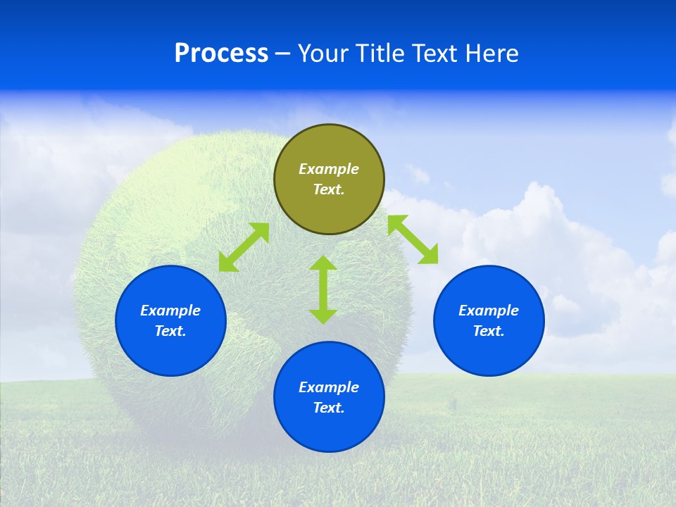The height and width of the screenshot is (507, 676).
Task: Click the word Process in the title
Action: tap(221, 54)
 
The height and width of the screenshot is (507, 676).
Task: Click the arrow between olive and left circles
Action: tap(244, 247)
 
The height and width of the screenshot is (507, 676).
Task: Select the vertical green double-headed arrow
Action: tap(323, 289)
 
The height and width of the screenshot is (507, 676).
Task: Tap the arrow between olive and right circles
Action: tap(413, 239)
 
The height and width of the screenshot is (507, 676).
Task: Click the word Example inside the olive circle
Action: tap(329, 169)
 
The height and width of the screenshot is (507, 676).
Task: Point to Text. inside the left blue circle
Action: tap(170, 331)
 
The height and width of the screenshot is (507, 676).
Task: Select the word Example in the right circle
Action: tap(489, 311)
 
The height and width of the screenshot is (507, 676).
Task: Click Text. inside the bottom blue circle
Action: tap(329, 408)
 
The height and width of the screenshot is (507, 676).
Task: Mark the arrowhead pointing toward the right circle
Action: tap(429, 255)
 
